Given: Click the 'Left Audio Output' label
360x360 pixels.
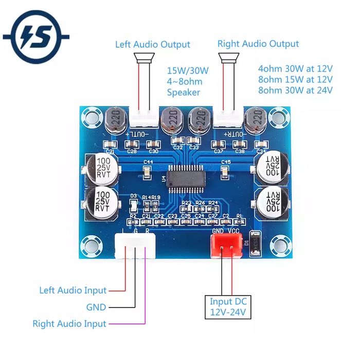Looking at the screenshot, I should pos(152,45).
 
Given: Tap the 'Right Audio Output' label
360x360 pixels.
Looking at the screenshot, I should pos(258,44).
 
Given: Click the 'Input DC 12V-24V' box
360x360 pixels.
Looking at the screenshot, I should pos(228,307).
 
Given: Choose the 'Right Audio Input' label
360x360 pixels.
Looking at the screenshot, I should pos(69,324).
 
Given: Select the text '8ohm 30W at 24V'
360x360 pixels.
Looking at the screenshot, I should pos(295,91).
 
